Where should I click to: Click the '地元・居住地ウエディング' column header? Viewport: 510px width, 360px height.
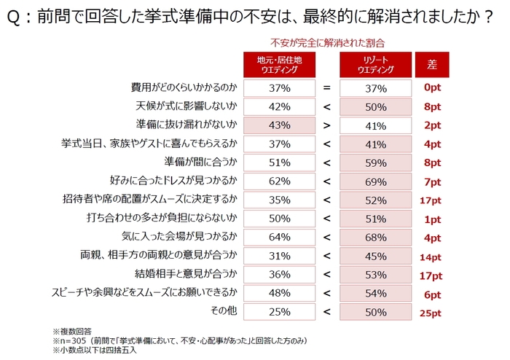coord(278,64)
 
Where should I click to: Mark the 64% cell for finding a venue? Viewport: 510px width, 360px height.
coord(278,237)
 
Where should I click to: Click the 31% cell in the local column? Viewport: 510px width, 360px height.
coord(278,256)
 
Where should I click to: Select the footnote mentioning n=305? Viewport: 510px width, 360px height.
coord(168,341)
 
